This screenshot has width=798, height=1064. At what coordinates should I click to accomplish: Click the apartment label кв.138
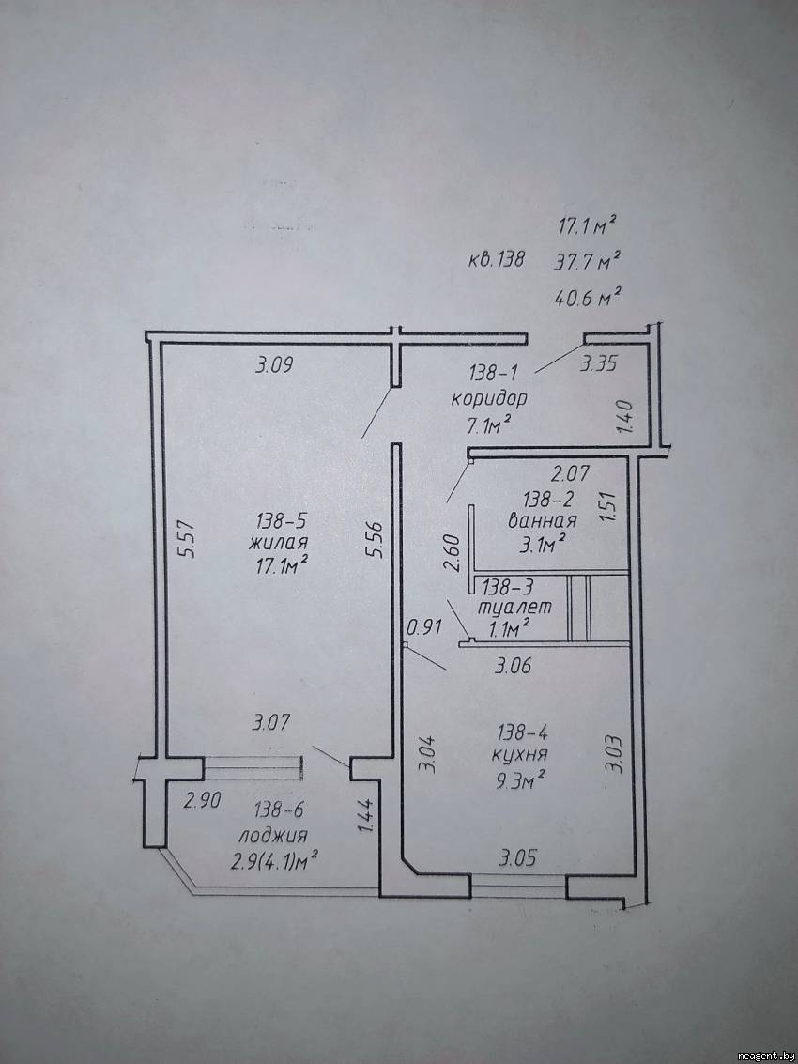coord(497,259)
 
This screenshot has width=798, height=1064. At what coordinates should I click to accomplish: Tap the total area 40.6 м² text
coord(589,297)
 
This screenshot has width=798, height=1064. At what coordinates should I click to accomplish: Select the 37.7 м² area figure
coord(588,261)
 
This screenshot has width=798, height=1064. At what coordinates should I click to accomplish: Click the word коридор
coord(488,399)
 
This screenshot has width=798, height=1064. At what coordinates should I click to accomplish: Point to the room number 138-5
coord(282,521)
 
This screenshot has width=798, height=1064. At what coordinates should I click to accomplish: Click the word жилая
coord(279,543)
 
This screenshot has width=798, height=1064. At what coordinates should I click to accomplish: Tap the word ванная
coord(543,521)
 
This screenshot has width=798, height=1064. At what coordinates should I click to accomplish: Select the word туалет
coord(514,607)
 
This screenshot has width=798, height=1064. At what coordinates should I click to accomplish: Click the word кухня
coord(520,755)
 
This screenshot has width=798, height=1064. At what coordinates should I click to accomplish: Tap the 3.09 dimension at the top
coord(274,365)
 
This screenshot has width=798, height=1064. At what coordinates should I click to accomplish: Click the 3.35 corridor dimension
coord(598,364)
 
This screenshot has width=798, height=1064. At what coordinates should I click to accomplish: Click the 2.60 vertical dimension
coord(453,553)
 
